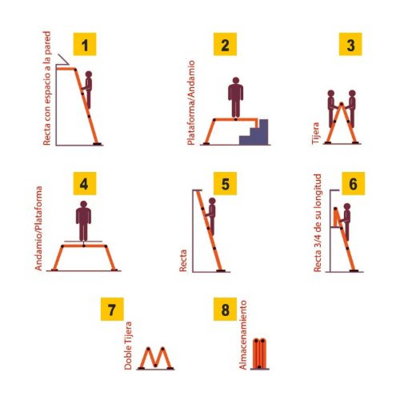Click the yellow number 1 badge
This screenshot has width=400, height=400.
(84, 44)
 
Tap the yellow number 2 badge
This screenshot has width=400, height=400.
(225, 44)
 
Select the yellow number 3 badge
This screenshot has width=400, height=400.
(350, 44)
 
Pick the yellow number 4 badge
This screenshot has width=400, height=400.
(84, 183)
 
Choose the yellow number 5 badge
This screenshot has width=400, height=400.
(225, 183)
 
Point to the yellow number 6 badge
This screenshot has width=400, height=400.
(353, 183)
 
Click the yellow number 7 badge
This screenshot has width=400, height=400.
(112, 309)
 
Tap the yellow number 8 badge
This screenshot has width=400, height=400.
(225, 309)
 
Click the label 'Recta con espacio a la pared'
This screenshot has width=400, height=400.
(47, 88)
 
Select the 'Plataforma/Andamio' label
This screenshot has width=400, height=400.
(191, 103)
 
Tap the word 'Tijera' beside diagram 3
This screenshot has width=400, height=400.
(316, 133)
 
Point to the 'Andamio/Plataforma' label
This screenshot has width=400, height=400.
(39, 228)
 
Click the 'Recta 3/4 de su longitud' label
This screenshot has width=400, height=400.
(317, 223)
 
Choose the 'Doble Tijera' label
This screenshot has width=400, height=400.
(128, 345)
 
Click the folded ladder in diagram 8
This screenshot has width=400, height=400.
(259, 353)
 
